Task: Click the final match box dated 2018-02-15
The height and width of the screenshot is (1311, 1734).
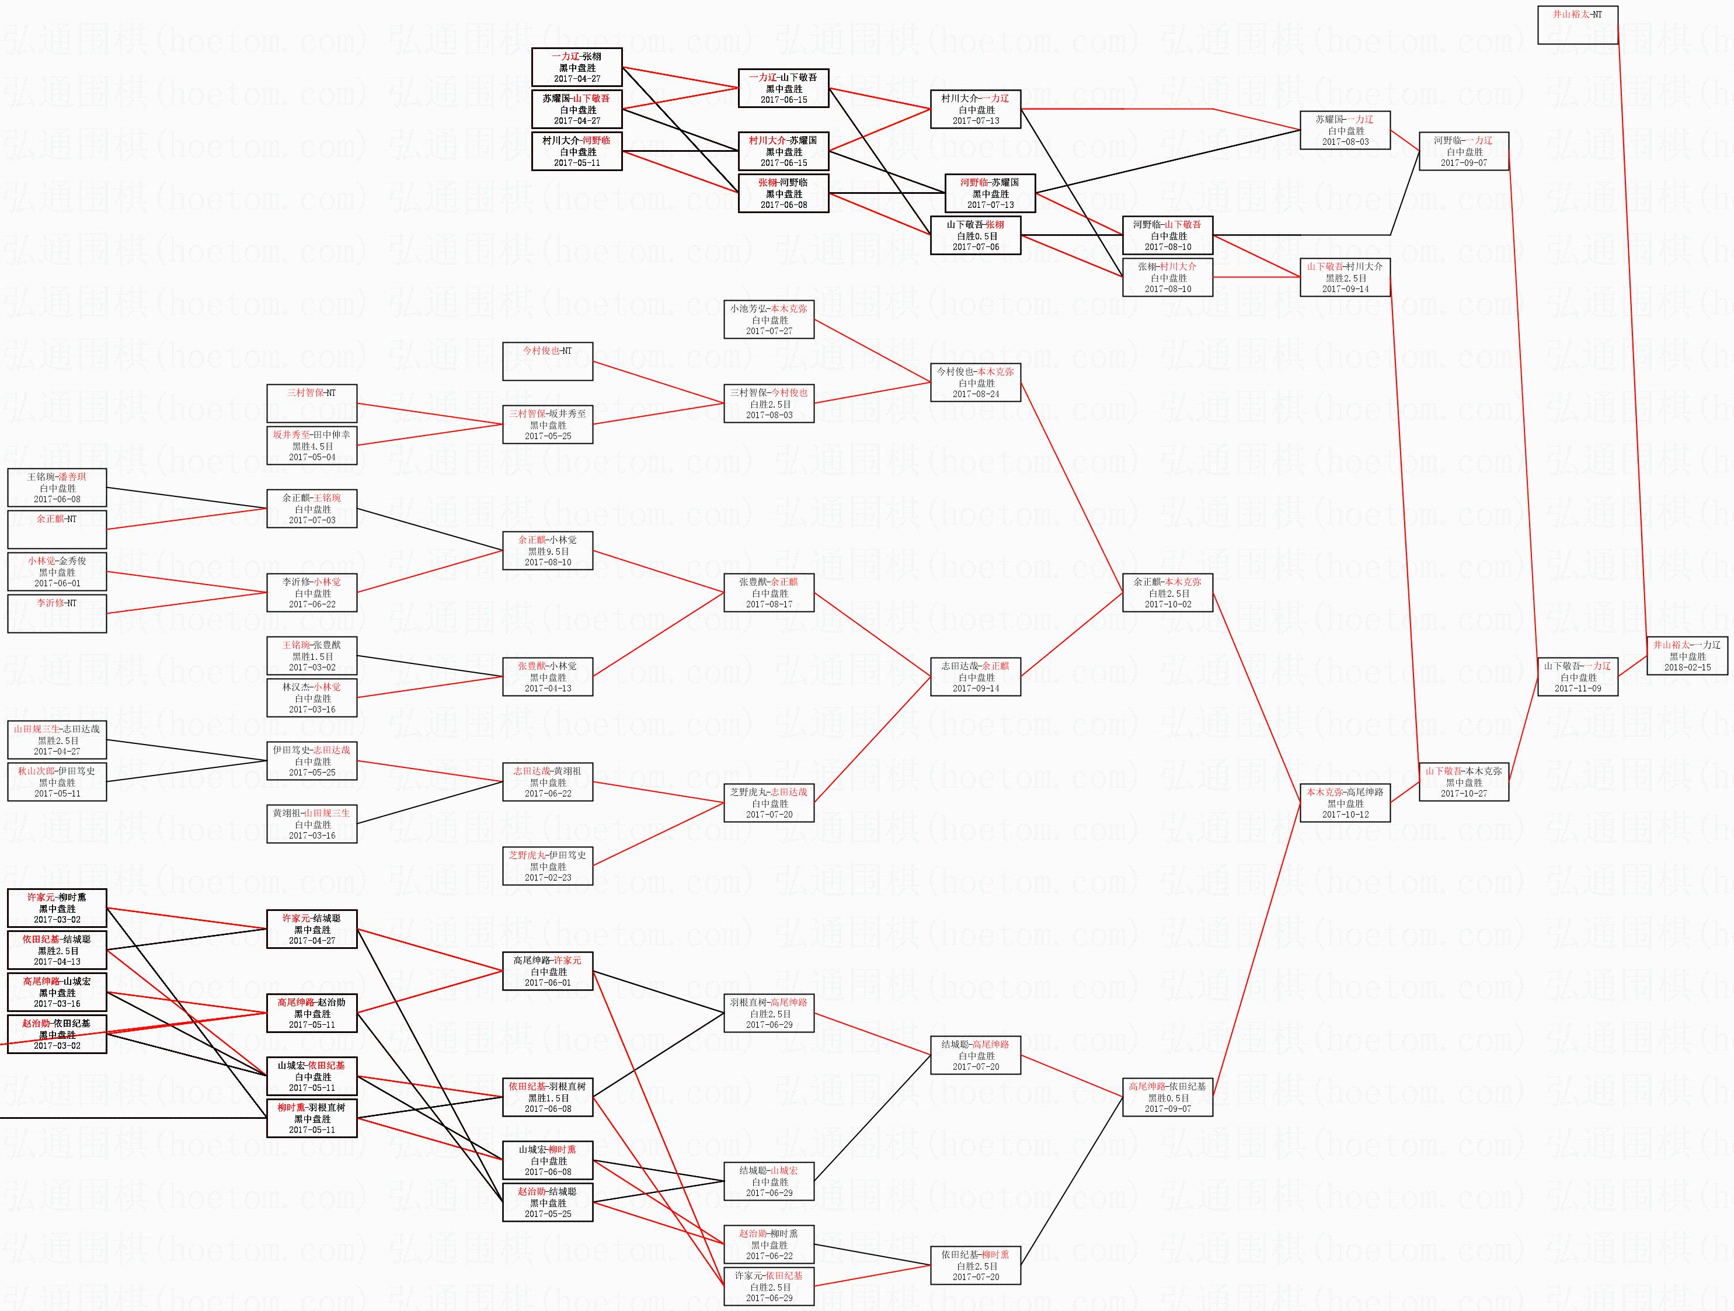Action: coord(1687,655)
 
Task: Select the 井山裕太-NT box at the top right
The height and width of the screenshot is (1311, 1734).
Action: coord(1577,25)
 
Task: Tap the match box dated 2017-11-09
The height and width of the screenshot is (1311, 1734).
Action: coord(1577,677)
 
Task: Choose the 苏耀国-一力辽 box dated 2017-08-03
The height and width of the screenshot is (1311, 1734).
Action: coord(1345,130)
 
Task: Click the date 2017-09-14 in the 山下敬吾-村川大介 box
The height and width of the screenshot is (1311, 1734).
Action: coord(1345,288)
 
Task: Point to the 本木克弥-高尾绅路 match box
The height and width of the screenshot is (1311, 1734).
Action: coord(1345,803)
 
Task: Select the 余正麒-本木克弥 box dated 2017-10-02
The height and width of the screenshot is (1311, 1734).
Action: coord(1167,593)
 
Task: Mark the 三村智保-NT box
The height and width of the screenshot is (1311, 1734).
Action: coord(311,404)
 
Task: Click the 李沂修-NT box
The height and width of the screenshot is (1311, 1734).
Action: coord(57,613)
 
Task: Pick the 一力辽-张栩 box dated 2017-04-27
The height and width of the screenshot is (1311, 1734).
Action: coord(577,67)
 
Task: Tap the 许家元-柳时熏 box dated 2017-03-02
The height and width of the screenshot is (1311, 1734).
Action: coord(57,908)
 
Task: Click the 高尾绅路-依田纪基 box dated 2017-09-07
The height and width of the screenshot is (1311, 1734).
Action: coord(1167,1097)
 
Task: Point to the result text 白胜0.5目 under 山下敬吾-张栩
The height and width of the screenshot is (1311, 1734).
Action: coord(977,236)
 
